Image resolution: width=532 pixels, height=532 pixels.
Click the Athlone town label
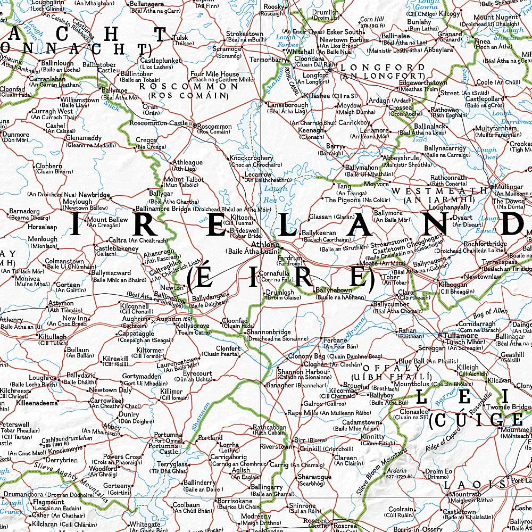tap(264, 245)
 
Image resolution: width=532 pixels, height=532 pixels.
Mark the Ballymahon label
tap(361, 168)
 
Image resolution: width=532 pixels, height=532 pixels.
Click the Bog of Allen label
tap(489, 311)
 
